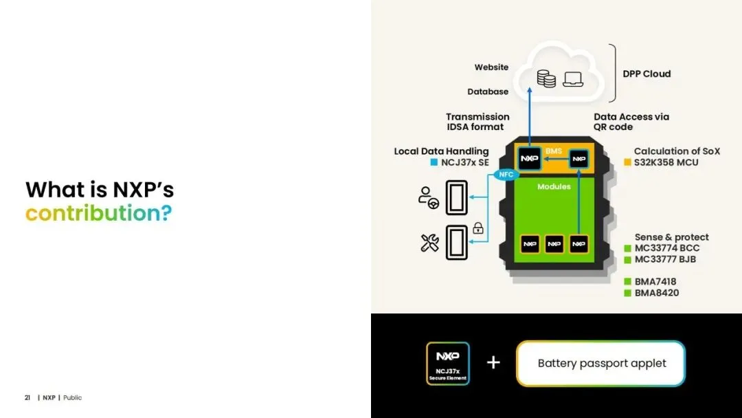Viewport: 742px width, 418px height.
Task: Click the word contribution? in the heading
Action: tap(98, 213)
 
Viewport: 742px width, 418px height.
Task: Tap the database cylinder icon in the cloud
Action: tap(546, 79)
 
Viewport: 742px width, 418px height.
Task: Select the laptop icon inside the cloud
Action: tap(573, 79)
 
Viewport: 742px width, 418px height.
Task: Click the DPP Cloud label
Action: tap(647, 74)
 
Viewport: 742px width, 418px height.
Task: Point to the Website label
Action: tap(491, 67)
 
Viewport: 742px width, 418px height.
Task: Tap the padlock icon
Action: tap(478, 228)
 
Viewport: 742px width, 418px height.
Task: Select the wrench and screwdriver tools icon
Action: tap(429, 242)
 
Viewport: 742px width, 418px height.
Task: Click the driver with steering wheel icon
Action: tap(428, 198)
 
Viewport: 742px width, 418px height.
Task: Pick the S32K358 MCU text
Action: tap(666, 162)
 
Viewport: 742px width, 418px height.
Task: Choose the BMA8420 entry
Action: tap(656, 293)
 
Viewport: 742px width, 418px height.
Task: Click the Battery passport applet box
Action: tap(601, 363)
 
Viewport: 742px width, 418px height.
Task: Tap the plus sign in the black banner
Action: tap(493, 362)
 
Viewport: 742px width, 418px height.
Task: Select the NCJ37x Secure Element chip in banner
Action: tap(447, 363)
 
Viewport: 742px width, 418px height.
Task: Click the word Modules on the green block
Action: tap(554, 186)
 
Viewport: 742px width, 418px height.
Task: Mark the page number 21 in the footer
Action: tap(27, 397)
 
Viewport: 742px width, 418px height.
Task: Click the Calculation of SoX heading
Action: tap(677, 151)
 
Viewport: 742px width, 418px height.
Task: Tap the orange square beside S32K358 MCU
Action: tap(627, 163)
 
